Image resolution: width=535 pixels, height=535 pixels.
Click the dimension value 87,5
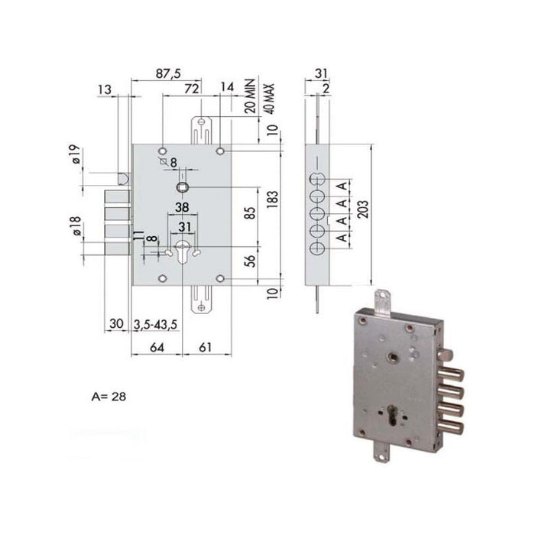167,73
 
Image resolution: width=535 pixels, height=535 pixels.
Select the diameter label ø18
75,227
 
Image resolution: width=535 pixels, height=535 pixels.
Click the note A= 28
108,397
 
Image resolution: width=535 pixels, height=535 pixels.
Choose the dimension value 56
249,261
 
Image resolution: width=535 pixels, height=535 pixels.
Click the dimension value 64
155,348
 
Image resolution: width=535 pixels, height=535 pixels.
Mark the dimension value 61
207,348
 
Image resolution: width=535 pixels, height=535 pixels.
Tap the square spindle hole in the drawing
183,186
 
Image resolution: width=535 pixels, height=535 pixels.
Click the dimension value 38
182,207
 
